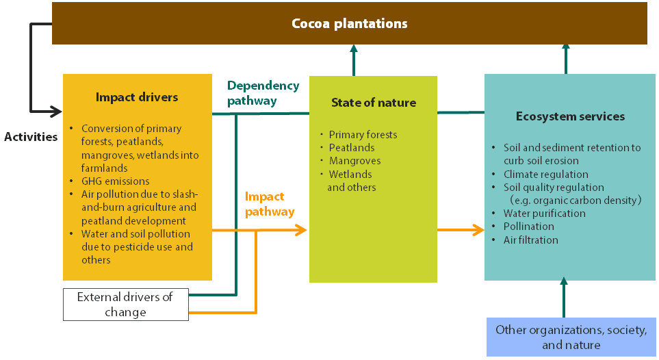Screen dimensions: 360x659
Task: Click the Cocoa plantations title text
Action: (349, 24)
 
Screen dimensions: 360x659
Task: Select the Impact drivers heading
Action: (137, 97)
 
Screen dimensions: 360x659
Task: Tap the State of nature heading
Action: (373, 103)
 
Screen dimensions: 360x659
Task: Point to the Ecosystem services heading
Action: (569, 116)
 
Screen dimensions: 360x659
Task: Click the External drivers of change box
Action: (125, 305)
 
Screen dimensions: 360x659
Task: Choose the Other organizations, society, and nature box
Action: (571, 337)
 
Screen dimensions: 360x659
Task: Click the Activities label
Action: (31, 137)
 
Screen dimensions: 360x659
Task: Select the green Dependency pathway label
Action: (263, 93)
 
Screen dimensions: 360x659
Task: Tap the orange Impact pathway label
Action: (270, 204)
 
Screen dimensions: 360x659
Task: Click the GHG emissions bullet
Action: (115, 181)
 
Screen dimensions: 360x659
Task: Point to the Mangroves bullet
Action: (354, 161)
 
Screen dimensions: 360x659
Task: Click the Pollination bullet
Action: (528, 227)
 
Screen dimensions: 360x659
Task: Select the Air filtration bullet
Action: (530, 240)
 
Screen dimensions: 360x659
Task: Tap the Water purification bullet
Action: (544, 214)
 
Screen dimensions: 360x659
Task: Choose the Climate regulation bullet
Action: (545, 175)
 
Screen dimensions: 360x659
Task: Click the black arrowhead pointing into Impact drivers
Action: (56, 110)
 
